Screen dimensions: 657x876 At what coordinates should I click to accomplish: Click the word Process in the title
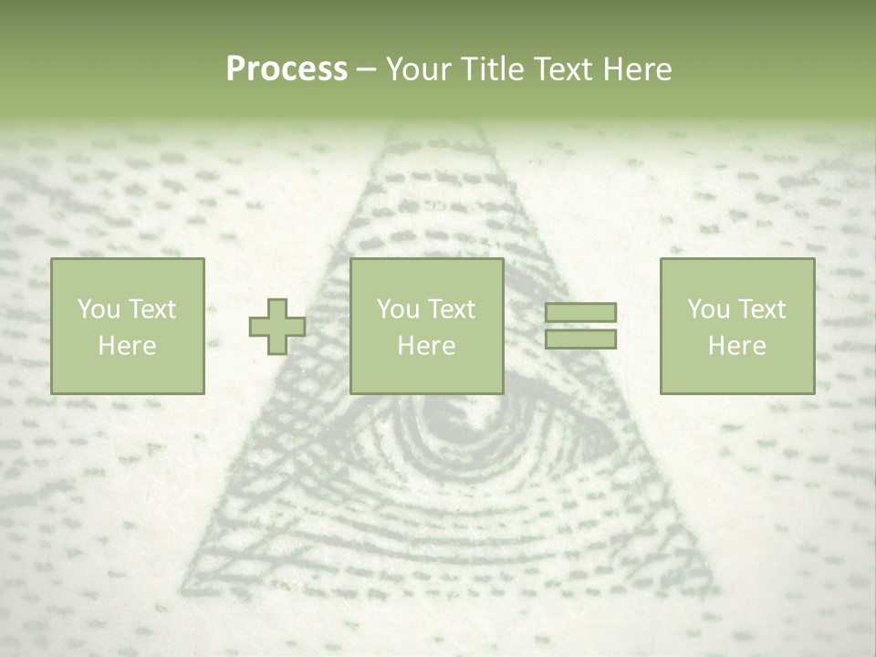287,69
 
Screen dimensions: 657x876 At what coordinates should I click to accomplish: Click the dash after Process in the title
366,70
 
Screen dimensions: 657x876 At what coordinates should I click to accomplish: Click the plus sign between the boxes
277,327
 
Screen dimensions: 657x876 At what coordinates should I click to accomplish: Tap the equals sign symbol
580,326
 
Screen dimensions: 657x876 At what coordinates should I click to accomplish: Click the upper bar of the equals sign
580,313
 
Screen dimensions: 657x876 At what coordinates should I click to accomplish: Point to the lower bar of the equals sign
580,339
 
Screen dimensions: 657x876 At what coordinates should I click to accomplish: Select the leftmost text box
127,326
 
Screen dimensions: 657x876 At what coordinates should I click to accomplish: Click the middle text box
426,326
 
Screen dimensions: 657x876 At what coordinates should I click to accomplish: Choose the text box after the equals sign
736,326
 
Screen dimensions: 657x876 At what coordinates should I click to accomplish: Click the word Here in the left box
127,345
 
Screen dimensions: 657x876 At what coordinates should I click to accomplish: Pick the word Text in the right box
763,309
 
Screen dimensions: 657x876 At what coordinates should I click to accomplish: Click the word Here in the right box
736,345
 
